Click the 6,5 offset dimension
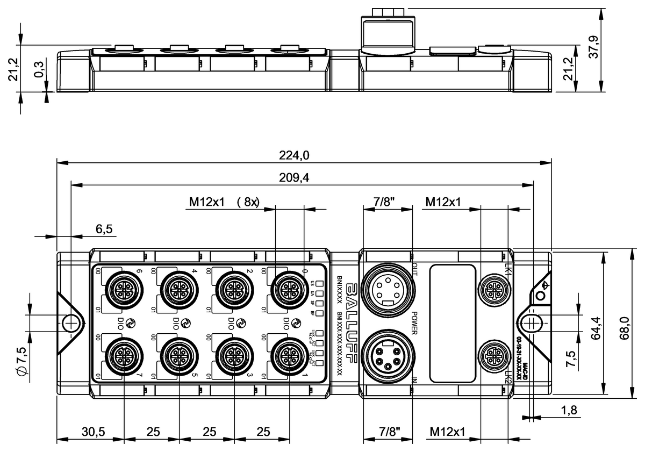104,229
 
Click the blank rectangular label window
453,323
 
